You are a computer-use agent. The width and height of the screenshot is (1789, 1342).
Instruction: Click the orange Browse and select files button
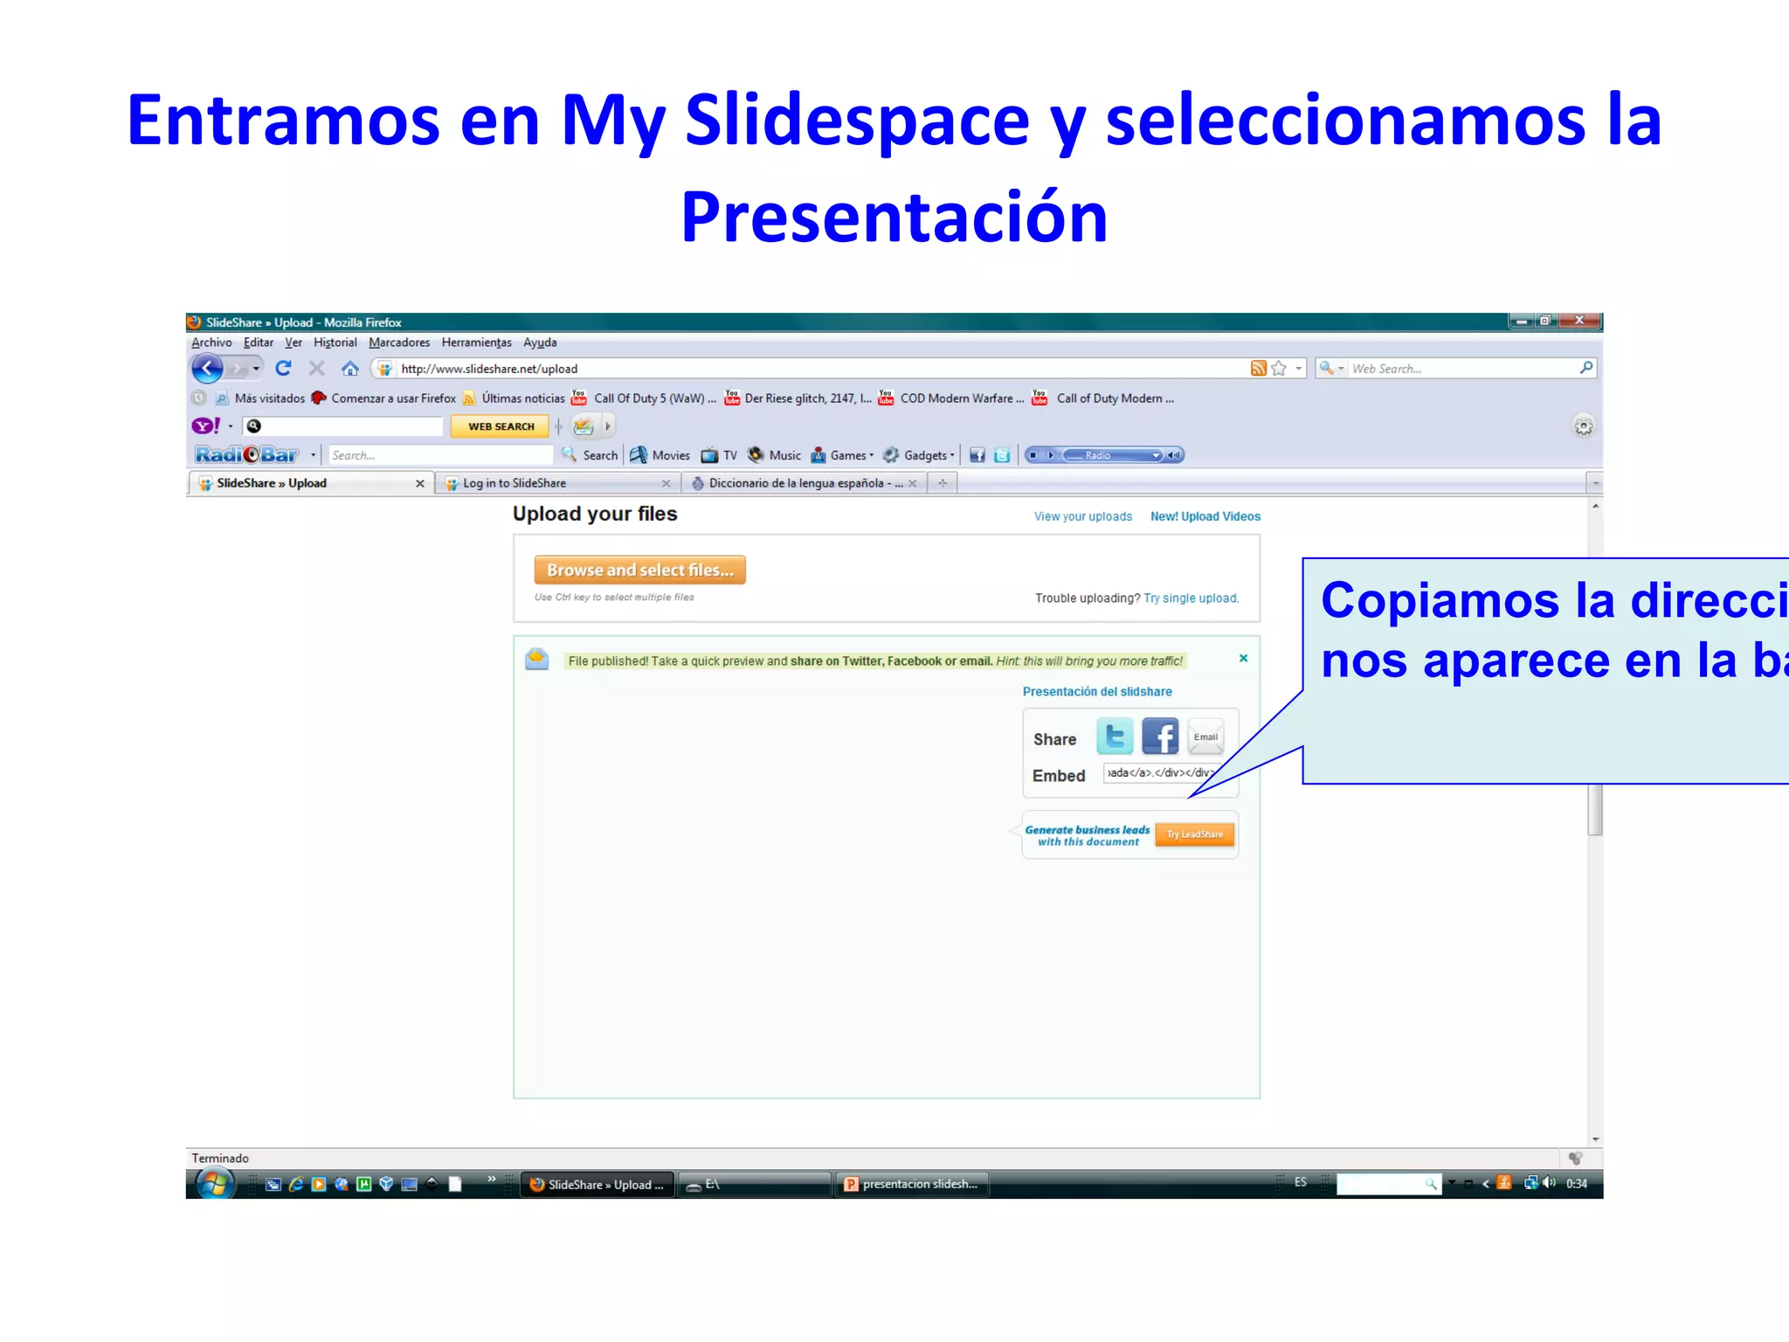(x=639, y=571)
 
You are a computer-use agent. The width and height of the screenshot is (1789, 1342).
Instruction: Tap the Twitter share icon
(x=1115, y=737)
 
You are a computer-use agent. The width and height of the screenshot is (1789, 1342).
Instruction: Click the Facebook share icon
(x=1160, y=737)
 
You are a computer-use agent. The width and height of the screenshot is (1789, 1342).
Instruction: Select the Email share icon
(x=1205, y=737)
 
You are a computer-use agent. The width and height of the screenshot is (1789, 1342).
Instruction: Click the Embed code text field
(x=1159, y=773)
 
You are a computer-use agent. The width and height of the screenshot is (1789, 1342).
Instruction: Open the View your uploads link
(x=1082, y=517)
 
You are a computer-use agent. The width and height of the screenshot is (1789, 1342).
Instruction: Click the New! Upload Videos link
(x=1205, y=517)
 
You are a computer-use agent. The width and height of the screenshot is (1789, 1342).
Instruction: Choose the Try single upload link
(x=1191, y=598)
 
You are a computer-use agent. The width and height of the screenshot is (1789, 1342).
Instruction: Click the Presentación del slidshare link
(x=1097, y=692)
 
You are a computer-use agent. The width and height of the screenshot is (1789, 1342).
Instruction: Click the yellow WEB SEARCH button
(x=501, y=426)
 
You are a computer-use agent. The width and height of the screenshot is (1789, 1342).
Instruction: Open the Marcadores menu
(x=399, y=342)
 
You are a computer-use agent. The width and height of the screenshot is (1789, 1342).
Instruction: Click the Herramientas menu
(x=476, y=342)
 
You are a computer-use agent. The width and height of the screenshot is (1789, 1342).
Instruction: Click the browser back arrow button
(x=207, y=369)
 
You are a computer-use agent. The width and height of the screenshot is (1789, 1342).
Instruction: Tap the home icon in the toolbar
(x=350, y=369)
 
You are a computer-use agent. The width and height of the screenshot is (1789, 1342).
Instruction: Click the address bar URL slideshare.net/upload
(x=489, y=369)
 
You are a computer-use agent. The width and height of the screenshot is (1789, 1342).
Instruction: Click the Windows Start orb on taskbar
(x=214, y=1184)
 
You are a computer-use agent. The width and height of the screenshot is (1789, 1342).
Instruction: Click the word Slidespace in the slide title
(x=857, y=121)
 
